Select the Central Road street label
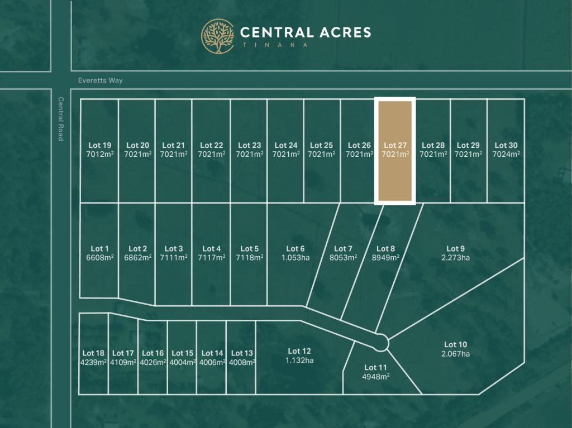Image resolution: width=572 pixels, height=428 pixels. (60, 119)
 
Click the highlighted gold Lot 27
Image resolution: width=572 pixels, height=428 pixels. (395, 167)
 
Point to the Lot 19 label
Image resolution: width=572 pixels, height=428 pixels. (99, 146)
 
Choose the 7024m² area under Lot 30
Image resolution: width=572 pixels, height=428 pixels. (507, 154)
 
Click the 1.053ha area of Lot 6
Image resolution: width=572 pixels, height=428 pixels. (295, 258)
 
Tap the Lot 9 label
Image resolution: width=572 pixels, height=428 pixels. (455, 249)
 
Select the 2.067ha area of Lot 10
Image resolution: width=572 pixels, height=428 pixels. (455, 354)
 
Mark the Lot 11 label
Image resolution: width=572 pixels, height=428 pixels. (375, 367)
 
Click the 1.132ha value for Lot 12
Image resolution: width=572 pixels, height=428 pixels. (299, 360)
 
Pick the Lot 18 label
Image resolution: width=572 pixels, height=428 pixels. (93, 353)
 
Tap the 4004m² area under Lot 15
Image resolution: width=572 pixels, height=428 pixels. (182, 362)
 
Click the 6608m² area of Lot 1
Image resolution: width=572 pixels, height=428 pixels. (99, 258)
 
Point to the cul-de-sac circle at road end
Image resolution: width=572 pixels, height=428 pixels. (382, 342)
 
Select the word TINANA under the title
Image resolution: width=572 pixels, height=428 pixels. (274, 45)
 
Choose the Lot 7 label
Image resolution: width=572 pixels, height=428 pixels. (343, 249)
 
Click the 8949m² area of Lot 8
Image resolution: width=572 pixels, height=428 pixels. (385, 258)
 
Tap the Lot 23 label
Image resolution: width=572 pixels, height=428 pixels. (249, 146)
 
